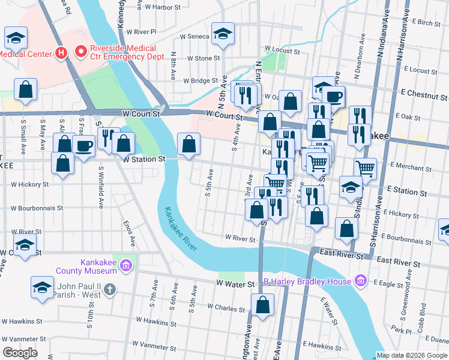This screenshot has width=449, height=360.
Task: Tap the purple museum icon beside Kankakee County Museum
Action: [x=125, y=265]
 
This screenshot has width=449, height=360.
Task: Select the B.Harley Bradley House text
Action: [x=308, y=281]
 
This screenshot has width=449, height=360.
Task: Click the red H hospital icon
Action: [x=61, y=53]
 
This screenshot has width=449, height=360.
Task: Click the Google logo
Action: [x=20, y=352]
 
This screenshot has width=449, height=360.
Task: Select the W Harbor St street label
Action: [x=161, y=8]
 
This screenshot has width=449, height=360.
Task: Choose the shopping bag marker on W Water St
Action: [x=262, y=304]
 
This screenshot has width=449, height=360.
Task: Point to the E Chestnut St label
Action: [x=424, y=94]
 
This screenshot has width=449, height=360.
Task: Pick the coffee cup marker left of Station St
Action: [x=84, y=146]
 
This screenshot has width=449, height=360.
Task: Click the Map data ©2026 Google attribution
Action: [x=412, y=355]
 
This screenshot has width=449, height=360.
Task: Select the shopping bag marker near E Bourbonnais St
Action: [x=346, y=228]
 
